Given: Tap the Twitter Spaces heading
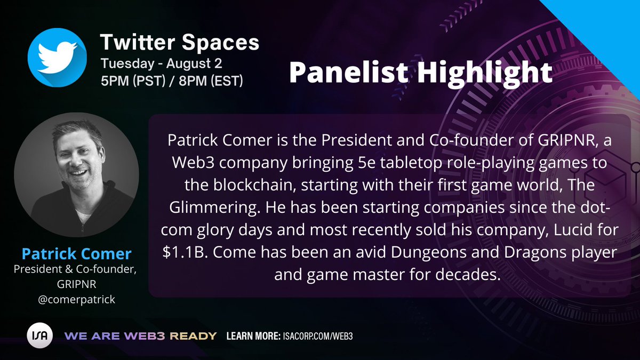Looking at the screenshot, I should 180,42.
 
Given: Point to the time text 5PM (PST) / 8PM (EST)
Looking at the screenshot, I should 172,82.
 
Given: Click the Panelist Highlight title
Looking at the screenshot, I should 420,73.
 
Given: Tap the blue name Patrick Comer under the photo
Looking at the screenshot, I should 76,254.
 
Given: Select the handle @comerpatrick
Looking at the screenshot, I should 76,299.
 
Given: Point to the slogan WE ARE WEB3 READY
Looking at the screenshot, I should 141,337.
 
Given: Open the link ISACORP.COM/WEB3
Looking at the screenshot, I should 318,337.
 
